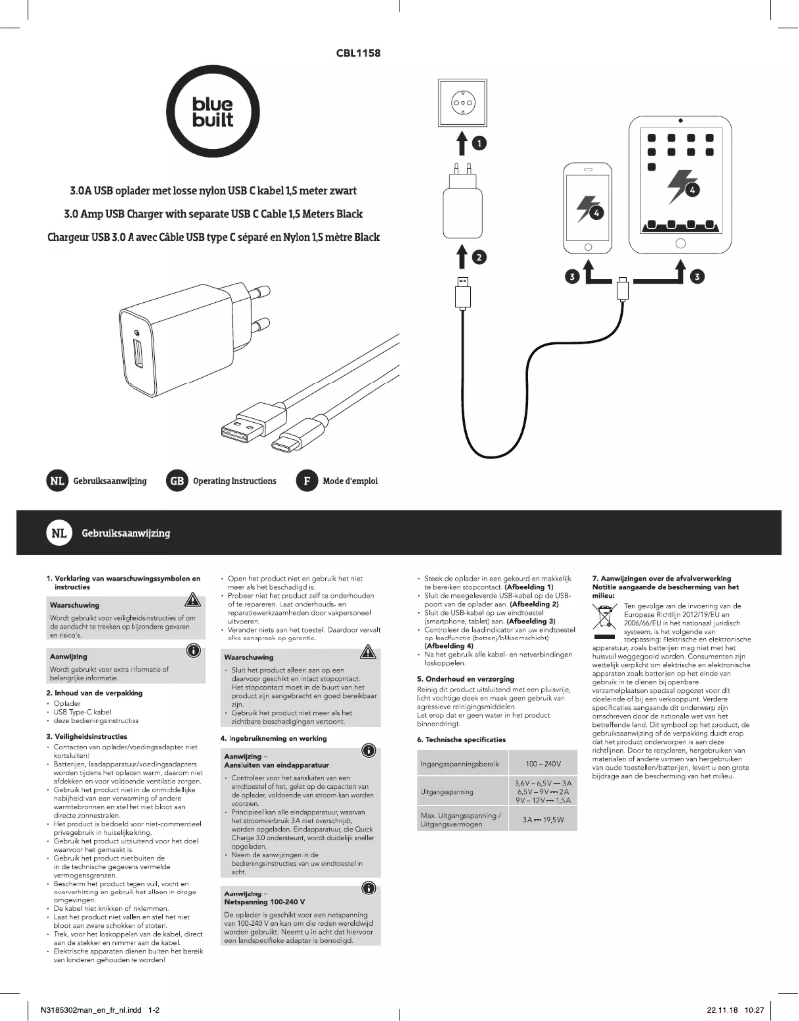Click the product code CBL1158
coord(360,51)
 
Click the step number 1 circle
coord(480,144)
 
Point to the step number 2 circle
coord(480,258)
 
